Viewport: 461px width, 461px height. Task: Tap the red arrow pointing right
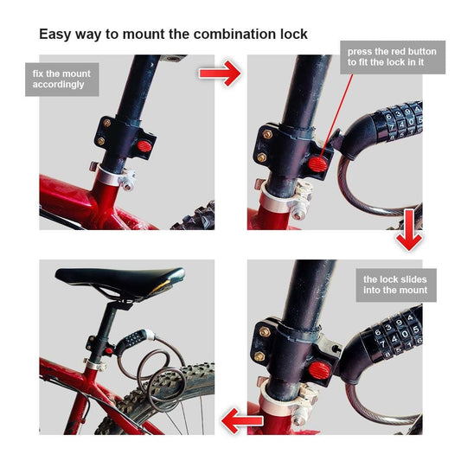click(x=220, y=74)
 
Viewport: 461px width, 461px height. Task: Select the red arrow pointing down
click(x=408, y=229)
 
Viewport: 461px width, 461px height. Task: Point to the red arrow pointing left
click(x=241, y=420)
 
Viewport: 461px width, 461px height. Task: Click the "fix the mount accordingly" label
click(x=62, y=80)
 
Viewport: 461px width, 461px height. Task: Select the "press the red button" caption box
click(x=393, y=57)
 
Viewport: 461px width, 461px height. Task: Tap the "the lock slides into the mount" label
click(x=396, y=285)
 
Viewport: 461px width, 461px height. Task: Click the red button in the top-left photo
click(x=144, y=146)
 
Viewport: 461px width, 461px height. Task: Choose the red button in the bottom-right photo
click(x=319, y=370)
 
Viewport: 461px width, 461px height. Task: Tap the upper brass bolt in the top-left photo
click(x=106, y=123)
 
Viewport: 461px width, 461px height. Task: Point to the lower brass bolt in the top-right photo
click(x=261, y=157)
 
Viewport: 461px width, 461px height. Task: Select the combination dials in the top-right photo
click(x=401, y=120)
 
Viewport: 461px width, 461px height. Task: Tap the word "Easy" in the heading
click(x=55, y=35)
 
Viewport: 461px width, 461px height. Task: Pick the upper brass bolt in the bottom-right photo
click(x=265, y=331)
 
